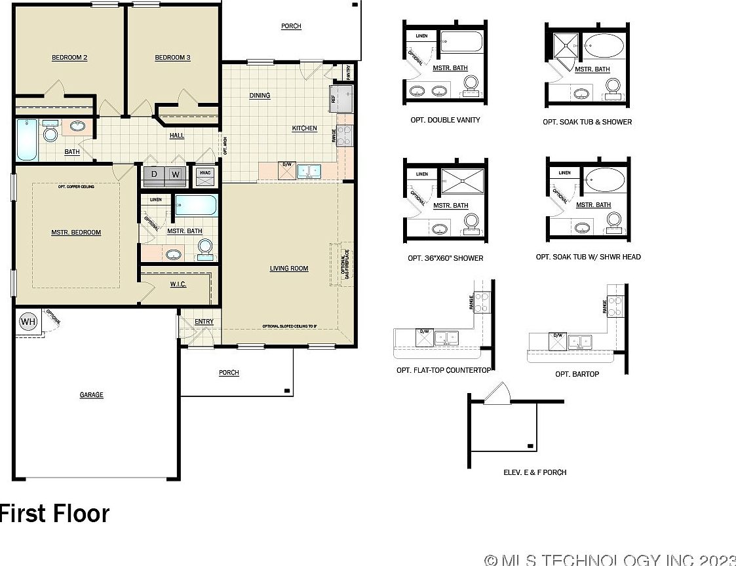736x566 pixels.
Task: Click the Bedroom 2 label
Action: click(x=69, y=58)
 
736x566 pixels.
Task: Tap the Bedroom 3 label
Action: click(x=172, y=58)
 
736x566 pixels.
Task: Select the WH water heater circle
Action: click(x=28, y=322)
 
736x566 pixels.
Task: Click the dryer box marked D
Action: click(x=155, y=175)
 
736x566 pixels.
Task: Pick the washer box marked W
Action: click(x=175, y=175)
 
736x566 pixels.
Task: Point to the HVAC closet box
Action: click(x=205, y=174)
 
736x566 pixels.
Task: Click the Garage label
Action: click(x=92, y=395)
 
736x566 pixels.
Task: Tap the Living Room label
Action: click(x=289, y=269)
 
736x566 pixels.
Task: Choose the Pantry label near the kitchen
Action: click(x=349, y=71)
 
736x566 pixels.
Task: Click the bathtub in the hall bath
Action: click(x=27, y=139)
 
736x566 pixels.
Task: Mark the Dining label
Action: click(x=260, y=96)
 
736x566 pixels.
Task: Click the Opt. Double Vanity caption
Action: click(x=445, y=120)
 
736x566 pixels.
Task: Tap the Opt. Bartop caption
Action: click(x=577, y=374)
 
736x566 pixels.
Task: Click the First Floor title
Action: click(x=54, y=514)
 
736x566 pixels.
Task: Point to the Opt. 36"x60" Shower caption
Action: click(x=445, y=258)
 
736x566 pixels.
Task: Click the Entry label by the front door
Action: click(x=204, y=322)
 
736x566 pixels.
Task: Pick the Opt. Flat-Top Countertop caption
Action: click(x=444, y=370)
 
